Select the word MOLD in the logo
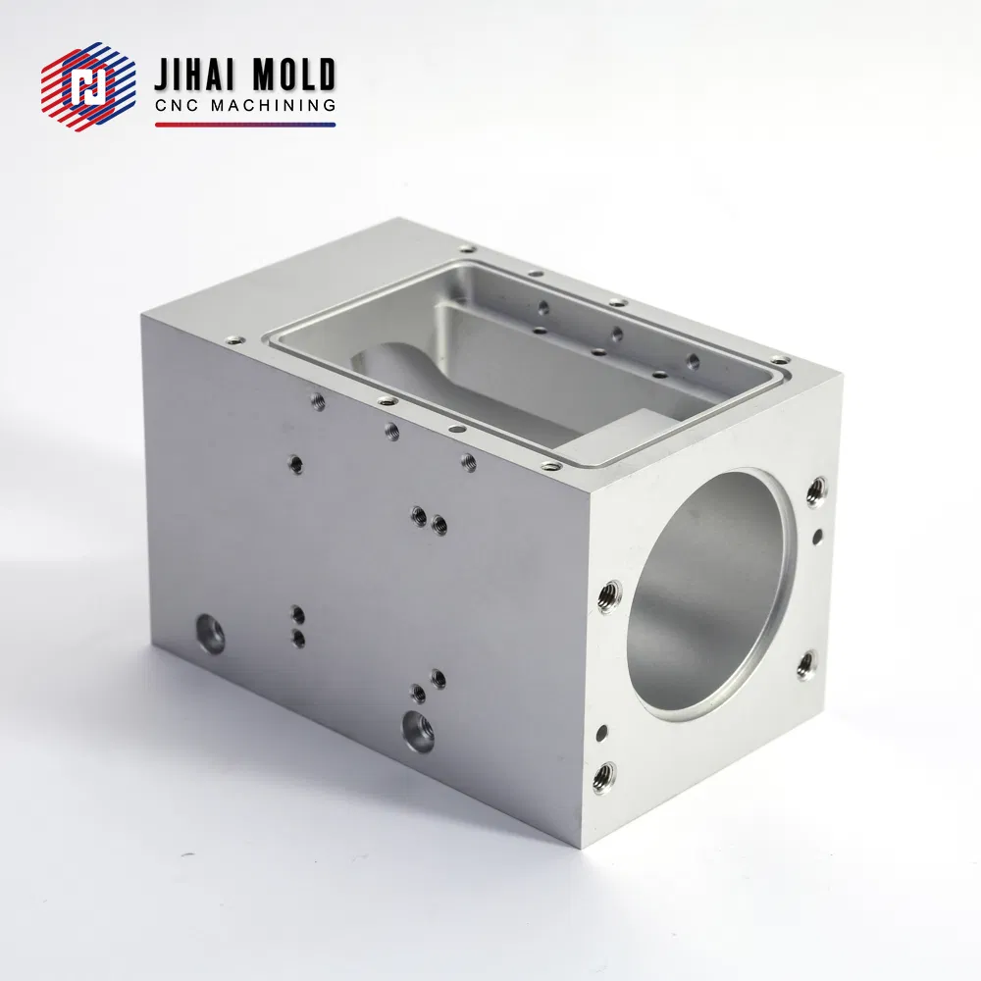(294, 76)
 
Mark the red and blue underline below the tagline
(245, 125)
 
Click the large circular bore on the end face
(706, 594)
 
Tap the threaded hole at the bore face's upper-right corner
(814, 490)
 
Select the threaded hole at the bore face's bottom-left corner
(605, 777)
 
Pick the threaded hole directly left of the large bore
(609, 594)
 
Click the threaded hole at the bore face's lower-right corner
(805, 665)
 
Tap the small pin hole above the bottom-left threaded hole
(601, 731)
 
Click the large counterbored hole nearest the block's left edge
(209, 633)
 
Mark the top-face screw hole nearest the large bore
(551, 465)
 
